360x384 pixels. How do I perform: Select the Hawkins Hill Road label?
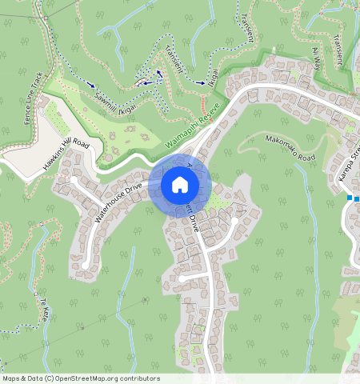73,157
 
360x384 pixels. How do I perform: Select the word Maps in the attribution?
11,378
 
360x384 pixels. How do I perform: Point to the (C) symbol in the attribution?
50,378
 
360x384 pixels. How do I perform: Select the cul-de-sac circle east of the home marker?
235,210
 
